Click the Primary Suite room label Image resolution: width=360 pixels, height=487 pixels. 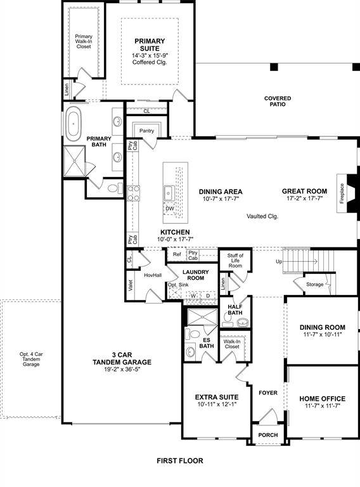pos(150,45)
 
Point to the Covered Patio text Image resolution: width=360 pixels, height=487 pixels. pos(278,101)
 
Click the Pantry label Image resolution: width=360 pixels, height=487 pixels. pos(147,131)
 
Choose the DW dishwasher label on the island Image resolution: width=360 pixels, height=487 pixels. pos(169,209)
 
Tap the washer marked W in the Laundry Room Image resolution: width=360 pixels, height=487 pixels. pos(192,295)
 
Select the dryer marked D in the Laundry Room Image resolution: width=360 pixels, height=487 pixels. pos(207,295)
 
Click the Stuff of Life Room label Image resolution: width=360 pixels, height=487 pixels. pos(235,261)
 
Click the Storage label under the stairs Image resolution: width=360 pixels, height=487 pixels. pos(314,285)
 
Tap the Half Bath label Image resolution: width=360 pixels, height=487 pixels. pos(235,310)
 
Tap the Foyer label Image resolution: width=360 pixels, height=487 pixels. pos(268,393)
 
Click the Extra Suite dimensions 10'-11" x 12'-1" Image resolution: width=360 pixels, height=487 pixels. pos(215,405)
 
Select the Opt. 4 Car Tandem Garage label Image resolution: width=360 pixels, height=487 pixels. pos(30,359)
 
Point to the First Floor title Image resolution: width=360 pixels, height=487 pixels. pos(180,461)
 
